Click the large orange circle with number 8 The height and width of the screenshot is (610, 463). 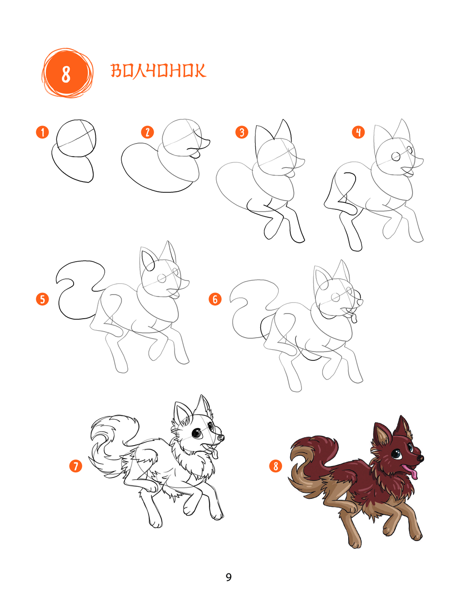tap(67, 73)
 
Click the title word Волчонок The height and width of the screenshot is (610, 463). tap(159, 70)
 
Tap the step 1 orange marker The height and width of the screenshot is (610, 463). tap(43, 132)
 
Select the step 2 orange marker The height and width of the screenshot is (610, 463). tap(147, 132)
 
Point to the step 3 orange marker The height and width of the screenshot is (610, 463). tap(242, 132)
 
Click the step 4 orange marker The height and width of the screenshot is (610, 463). tap(358, 132)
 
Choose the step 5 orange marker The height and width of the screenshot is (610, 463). tap(43, 299)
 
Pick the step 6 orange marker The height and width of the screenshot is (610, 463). tap(215, 299)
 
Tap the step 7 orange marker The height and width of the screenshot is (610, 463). tap(76, 466)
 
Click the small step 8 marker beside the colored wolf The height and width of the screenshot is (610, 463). tap(276, 466)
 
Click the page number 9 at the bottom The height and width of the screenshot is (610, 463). tap(229, 578)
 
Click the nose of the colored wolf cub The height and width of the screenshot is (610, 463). tap(420, 458)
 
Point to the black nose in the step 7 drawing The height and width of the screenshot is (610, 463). tap(221, 438)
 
